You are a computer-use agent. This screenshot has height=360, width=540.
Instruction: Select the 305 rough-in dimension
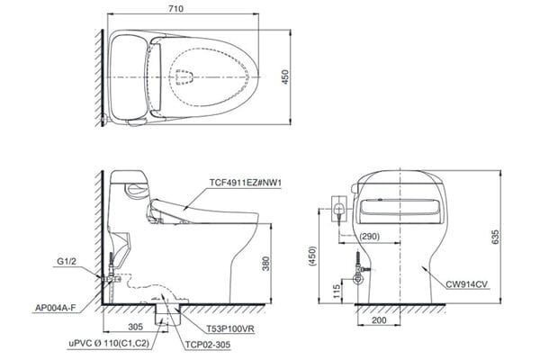[x=134, y=328]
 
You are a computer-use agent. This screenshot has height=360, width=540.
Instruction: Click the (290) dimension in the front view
[x=368, y=236]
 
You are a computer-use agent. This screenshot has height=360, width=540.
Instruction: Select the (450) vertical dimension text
[x=312, y=256]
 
